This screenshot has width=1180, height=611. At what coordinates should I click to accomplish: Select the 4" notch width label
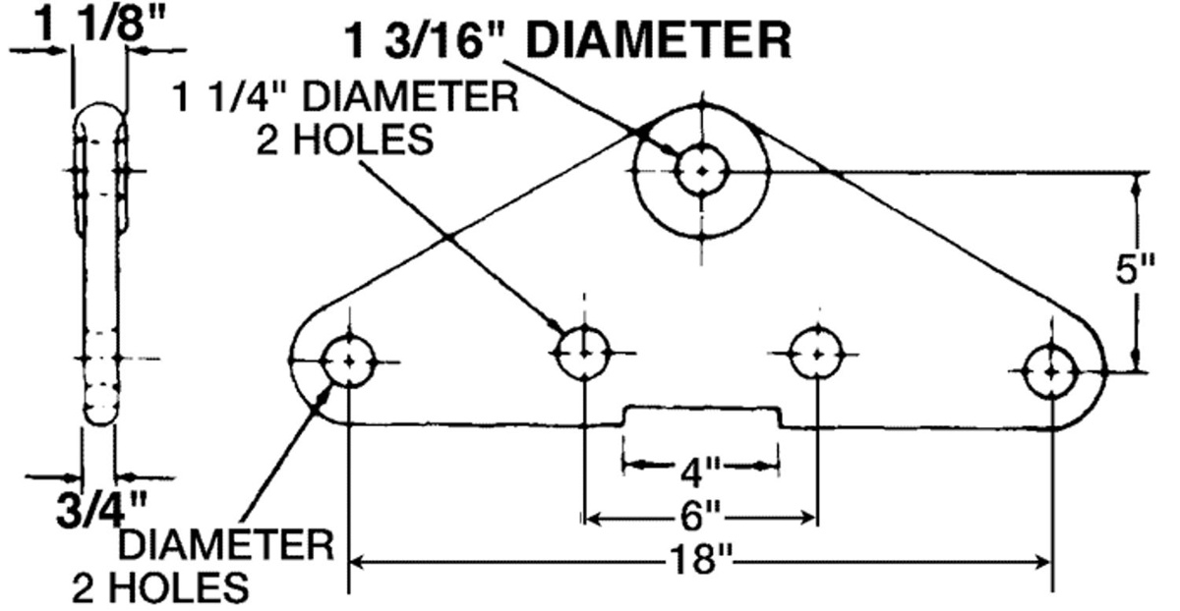point(701,472)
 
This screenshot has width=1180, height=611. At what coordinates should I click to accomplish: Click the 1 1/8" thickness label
point(98,23)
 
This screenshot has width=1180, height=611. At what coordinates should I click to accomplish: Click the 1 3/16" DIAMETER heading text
point(569,40)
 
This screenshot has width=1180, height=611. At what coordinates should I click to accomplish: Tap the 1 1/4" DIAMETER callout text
point(346,99)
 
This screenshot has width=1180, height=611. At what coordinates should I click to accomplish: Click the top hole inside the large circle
point(700,172)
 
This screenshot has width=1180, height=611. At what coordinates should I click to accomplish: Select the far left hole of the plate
point(349,361)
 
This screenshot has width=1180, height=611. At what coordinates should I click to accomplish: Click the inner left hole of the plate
point(584,352)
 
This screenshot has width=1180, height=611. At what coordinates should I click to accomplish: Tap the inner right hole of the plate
point(818,352)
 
